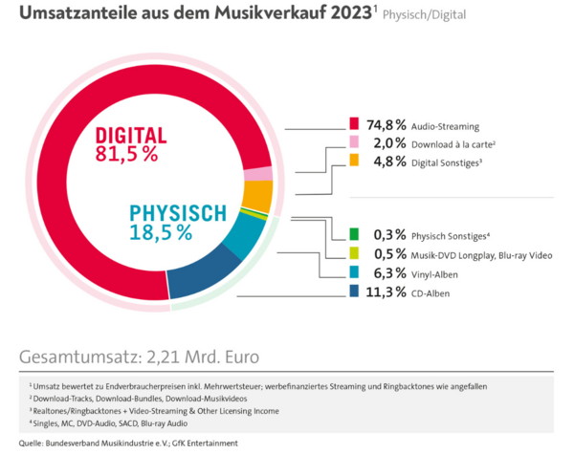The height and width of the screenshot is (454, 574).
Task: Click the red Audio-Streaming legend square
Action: pos(354,125)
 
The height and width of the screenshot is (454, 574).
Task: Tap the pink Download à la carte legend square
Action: pos(354,142)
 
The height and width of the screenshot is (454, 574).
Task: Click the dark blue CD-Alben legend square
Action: pos(354,292)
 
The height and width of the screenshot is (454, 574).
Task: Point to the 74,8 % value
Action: pos(387,125)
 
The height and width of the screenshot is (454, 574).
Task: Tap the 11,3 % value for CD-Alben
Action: pos(387,292)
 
